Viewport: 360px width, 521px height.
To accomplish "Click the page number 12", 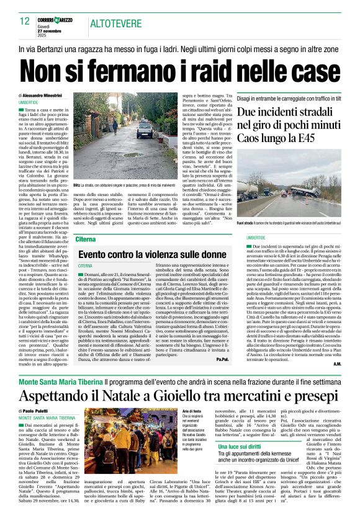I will pos(24,21).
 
